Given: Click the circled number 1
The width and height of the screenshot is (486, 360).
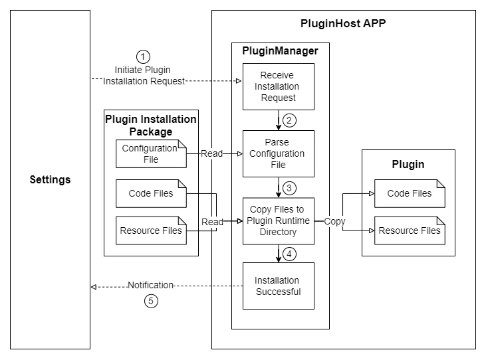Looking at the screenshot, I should point(143,56).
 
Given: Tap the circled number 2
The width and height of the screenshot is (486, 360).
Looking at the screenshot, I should point(289,120).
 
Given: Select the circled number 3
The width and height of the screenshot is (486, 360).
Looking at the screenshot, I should point(289,187).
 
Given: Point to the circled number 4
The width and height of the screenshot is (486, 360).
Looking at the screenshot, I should point(289,253).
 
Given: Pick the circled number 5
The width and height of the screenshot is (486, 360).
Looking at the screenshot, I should point(151,301).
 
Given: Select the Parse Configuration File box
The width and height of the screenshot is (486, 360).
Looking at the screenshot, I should point(277,153).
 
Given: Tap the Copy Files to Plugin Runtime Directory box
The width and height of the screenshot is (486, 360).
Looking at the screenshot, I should point(277,221).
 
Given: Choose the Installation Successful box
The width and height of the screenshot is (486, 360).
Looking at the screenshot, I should point(277,286).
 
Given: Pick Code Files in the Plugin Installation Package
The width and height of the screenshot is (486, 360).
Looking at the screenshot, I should point(150,193).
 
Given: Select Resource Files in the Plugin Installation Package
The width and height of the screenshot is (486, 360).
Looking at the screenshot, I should point(150,231).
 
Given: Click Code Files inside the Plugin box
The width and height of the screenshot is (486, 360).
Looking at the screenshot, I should point(409,193).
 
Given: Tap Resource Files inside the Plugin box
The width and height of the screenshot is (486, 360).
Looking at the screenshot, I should point(409,230).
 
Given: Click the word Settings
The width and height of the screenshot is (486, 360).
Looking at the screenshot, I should point(51,180).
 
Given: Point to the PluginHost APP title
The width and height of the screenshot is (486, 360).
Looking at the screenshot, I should point(343,24).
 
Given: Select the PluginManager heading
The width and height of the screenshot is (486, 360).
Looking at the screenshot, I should point(280,50).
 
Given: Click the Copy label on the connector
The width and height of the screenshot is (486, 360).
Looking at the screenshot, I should point(334,221).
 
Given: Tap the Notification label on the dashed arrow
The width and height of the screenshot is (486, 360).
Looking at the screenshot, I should point(150,285).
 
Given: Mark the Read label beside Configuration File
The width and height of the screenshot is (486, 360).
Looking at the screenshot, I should point(212,153).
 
